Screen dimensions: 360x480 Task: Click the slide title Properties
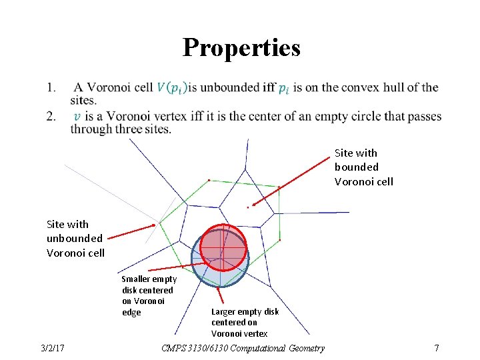241,48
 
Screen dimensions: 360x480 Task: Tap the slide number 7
436,348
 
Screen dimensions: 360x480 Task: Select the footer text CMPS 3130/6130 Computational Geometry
243,348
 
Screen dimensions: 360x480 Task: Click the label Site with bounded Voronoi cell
364,167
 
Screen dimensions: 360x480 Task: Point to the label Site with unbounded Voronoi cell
75,238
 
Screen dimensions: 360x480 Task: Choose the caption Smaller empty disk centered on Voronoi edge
149,295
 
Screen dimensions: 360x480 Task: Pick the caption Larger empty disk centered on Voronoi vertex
245,322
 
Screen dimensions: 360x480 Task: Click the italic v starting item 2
77,117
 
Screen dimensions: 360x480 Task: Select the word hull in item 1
386,87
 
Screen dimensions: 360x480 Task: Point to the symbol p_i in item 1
284,88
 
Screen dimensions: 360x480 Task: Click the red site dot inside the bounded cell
248,207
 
